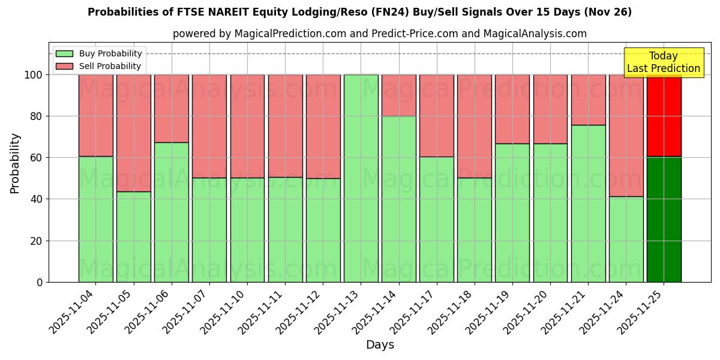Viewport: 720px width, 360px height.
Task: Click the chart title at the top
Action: (359, 12)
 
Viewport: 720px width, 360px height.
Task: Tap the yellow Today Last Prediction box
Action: (663, 62)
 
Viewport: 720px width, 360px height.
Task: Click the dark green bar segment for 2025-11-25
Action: (664, 219)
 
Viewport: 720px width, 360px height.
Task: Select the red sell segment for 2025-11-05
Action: (133, 133)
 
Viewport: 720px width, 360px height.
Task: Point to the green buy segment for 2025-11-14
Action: (398, 199)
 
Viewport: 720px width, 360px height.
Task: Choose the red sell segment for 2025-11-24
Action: (626, 135)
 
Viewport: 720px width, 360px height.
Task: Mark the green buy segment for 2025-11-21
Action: (588, 203)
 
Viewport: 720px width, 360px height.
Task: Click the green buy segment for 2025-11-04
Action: (95, 219)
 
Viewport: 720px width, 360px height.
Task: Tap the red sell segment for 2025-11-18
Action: (474, 126)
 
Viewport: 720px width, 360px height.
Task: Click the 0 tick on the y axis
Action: (40, 282)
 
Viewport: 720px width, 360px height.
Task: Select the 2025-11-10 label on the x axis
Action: (223, 312)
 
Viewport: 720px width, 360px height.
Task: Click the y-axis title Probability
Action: (15, 163)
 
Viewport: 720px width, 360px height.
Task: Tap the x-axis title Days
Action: (380, 345)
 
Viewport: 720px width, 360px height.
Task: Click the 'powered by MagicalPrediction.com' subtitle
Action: (379, 34)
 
